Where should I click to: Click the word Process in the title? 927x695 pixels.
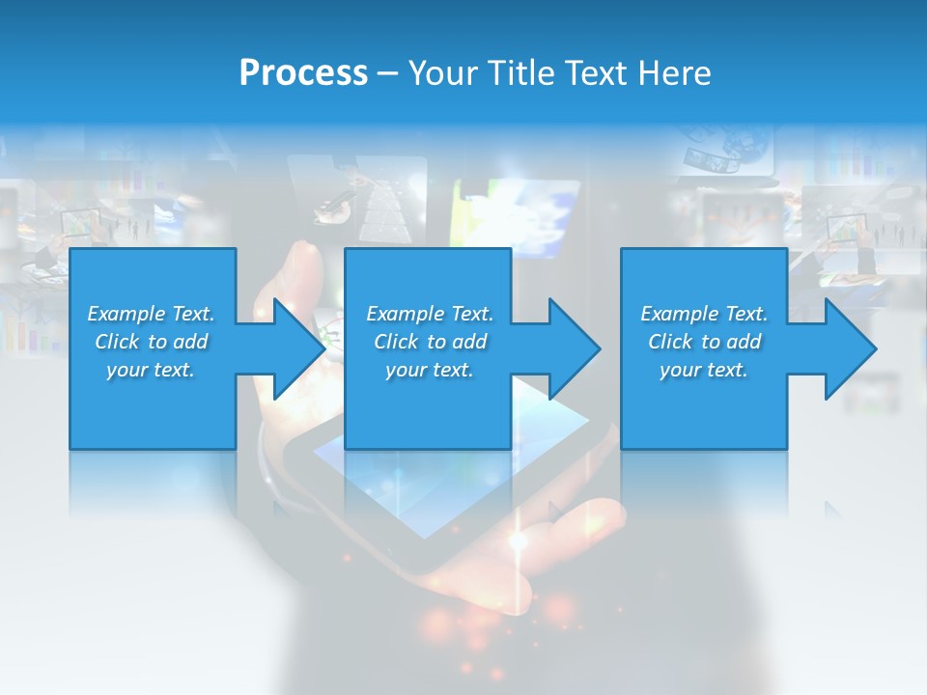303,73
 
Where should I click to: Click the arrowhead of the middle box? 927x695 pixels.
574,348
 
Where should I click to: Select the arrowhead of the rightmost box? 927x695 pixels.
850,348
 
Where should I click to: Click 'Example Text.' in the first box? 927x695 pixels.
151,314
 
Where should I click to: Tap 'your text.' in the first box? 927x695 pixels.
151,370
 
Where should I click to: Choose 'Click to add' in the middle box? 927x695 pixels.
430,342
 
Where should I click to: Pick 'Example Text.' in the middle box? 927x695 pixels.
430,314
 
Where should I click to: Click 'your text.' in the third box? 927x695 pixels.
704,370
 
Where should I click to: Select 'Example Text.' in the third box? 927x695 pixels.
704,314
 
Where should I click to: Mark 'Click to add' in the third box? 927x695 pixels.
704,342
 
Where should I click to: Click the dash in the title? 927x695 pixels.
387,73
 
